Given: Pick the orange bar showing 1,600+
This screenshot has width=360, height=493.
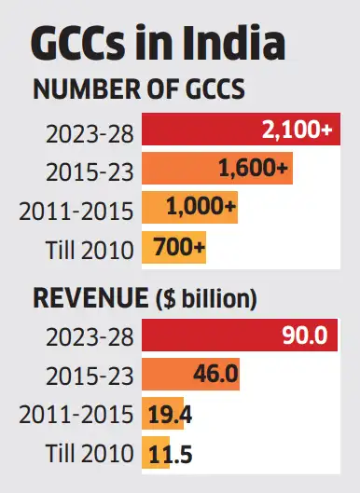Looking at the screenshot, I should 216,170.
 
